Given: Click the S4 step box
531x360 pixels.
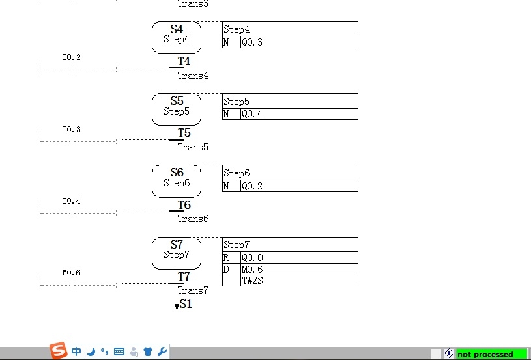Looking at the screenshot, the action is tap(177, 38).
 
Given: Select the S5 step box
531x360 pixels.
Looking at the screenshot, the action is tap(177, 109).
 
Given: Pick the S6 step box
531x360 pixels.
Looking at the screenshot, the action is tap(177, 181).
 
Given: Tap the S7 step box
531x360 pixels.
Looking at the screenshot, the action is tap(177, 253).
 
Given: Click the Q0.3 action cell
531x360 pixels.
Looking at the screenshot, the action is tap(299, 42).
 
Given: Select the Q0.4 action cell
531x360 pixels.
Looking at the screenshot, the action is tap(299, 114).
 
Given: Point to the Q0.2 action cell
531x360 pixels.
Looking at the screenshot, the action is tap(299, 186).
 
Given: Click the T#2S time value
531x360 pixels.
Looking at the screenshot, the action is tap(253, 281).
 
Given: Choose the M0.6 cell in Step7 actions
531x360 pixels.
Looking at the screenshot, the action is tap(299, 270).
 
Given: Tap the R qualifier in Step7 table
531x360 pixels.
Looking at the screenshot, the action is tap(226, 258).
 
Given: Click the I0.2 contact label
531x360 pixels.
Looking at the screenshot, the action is tap(72, 57).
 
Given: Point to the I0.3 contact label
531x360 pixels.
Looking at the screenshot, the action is tap(72, 130).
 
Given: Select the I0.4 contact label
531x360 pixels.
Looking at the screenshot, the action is tap(72, 201).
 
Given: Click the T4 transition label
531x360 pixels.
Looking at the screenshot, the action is tap(184, 61).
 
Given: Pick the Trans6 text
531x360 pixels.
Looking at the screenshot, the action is tap(193, 219).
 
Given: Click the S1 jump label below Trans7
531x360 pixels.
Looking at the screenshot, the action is tap(186, 304).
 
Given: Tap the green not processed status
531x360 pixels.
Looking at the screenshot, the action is tap(492, 354).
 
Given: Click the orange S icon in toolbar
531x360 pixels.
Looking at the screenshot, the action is tap(58, 350).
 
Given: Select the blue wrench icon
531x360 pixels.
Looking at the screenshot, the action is tap(162, 352).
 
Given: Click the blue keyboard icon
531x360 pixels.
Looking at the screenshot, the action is tap(119, 352).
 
